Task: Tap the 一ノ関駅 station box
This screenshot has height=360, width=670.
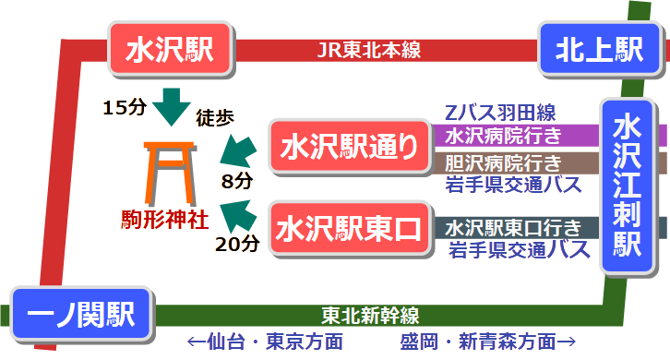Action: (x=81, y=315)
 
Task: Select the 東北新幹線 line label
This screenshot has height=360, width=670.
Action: (x=370, y=314)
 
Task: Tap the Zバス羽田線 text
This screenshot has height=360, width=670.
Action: (x=499, y=114)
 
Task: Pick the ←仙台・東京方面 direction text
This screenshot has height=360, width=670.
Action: (x=265, y=342)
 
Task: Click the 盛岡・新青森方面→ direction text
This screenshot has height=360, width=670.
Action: (x=488, y=342)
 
